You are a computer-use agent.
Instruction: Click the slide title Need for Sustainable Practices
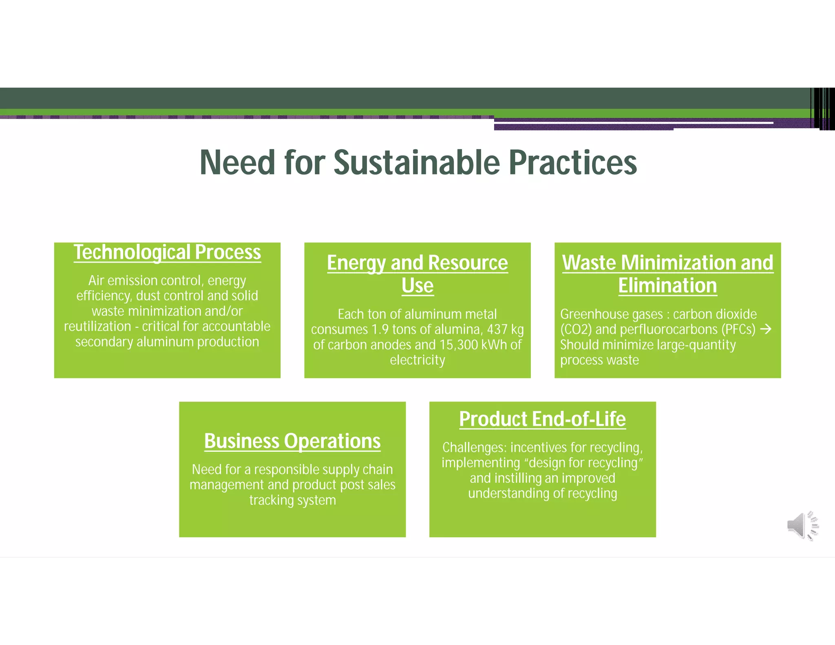click(418, 162)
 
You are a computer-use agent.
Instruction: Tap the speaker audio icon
click(802, 526)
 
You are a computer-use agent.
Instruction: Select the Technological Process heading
click(167, 252)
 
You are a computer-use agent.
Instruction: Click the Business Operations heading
click(292, 441)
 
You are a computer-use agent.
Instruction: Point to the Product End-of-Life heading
click(542, 419)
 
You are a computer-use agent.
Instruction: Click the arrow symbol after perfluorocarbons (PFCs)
click(766, 329)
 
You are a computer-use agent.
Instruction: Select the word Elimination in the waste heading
click(667, 285)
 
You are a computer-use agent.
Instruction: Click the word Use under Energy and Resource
click(417, 285)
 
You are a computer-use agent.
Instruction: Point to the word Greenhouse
click(591, 314)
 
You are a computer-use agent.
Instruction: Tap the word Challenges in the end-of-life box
click(474, 448)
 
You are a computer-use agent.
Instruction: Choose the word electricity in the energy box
click(417, 360)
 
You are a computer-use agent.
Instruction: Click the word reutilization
click(97, 327)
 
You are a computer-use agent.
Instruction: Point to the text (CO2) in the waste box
click(576, 329)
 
